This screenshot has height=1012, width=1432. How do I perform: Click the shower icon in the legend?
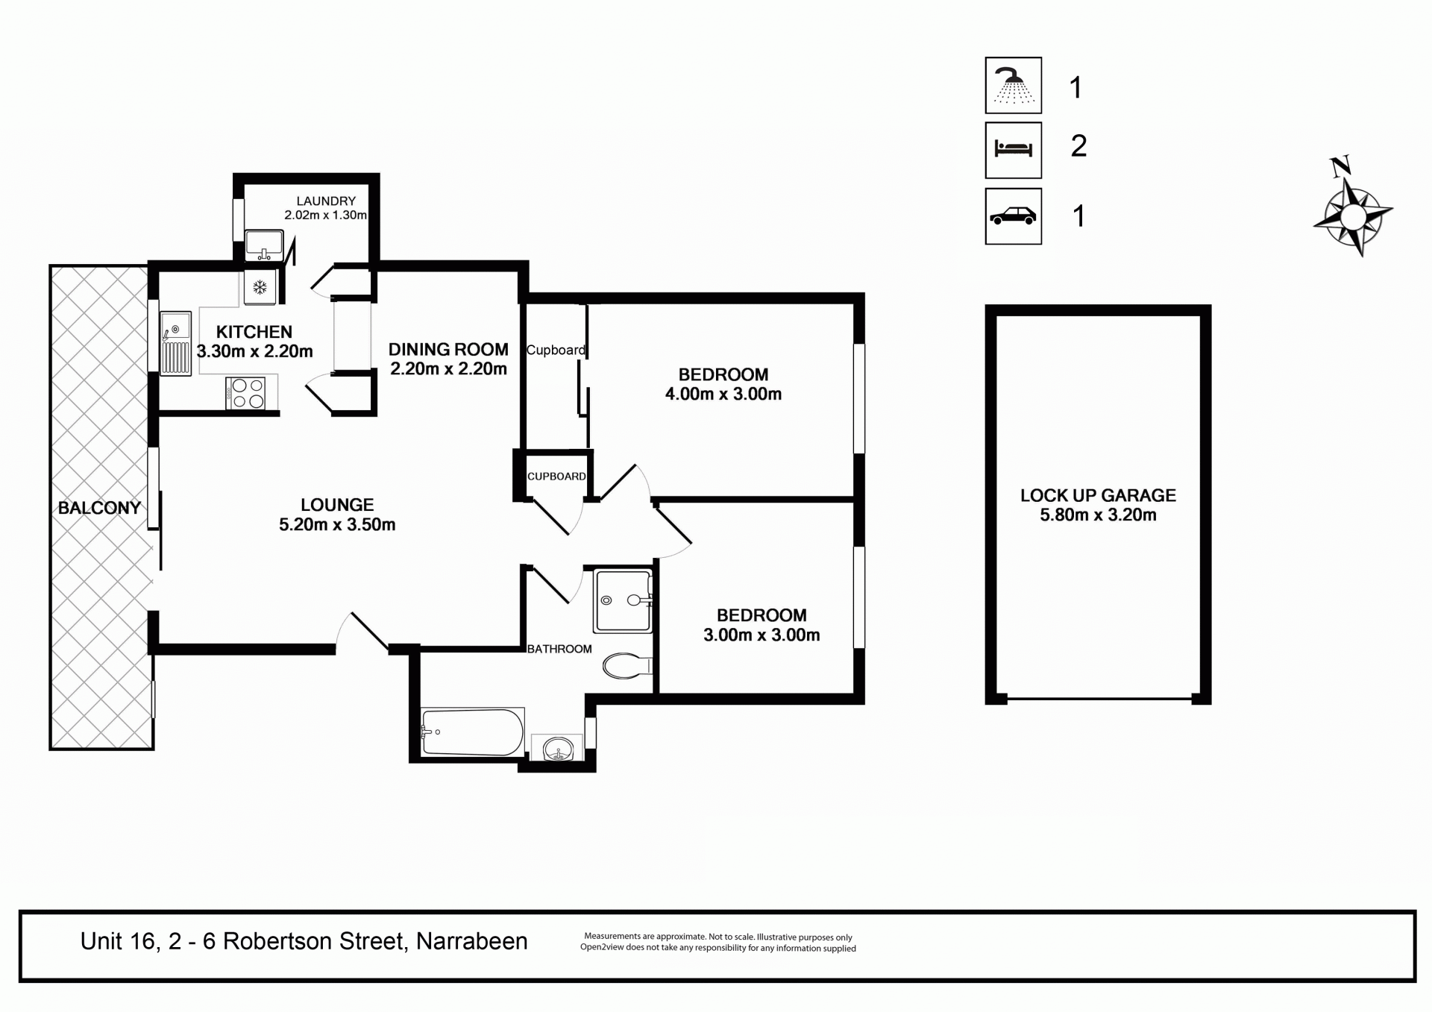tap(1014, 85)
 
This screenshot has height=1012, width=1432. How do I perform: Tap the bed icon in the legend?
tap(1014, 150)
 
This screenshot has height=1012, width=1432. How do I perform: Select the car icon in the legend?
tap(1014, 216)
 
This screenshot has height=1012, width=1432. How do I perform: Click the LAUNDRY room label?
tap(326, 201)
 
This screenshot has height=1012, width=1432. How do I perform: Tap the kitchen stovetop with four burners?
tap(245, 393)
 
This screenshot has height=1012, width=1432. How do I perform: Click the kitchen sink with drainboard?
tap(176, 344)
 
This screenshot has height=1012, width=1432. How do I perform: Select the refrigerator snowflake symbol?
tap(260, 287)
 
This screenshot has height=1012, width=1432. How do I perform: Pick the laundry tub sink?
tap(264, 245)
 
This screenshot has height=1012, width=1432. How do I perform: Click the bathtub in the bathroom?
tap(473, 732)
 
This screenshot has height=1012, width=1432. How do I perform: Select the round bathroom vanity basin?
tap(558, 748)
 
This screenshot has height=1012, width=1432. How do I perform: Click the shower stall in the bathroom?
tap(624, 600)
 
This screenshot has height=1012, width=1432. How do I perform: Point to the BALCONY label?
tap(99, 509)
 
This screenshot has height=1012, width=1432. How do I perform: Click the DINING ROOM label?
tap(448, 350)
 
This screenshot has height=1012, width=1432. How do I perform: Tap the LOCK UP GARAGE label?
tap(1098, 495)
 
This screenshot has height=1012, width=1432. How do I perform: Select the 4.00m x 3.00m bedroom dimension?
tap(723, 395)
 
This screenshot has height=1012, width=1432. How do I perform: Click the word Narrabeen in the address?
tap(472, 941)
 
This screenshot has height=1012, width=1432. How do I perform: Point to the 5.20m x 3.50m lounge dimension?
tap(337, 525)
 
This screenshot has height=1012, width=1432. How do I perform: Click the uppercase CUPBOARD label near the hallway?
tap(556, 477)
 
